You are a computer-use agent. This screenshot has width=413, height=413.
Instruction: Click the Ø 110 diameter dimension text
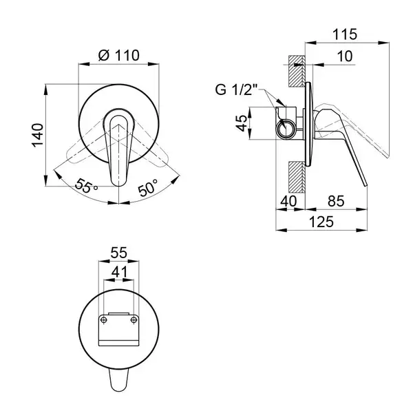click(119, 55)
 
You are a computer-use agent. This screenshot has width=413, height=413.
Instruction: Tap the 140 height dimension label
click(37, 135)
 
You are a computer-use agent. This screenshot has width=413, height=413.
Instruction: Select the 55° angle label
click(86, 185)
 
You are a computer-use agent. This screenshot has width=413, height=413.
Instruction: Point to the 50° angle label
click(148, 187)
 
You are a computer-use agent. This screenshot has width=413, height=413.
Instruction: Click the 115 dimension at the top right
click(345, 34)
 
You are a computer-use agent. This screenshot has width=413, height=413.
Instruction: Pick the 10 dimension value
click(345, 56)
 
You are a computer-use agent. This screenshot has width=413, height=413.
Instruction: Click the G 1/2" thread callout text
click(236, 89)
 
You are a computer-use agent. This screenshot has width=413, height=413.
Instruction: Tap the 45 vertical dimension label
click(242, 123)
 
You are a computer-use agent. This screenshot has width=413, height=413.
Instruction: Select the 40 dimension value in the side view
click(288, 201)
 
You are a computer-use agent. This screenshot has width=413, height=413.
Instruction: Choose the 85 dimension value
click(336, 201)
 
